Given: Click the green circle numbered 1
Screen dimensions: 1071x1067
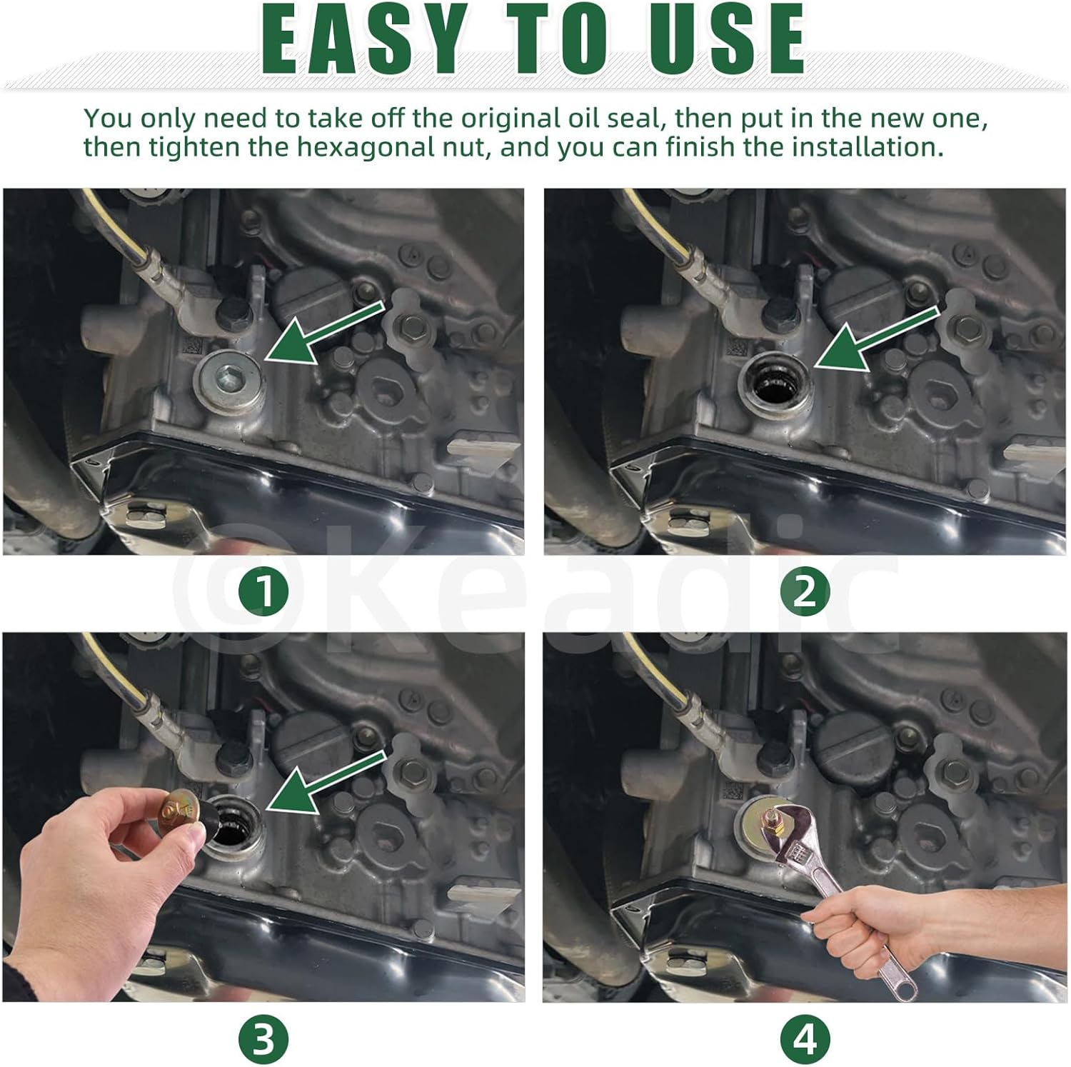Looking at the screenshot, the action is (264, 591).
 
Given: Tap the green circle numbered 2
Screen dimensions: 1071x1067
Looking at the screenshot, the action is (805, 591).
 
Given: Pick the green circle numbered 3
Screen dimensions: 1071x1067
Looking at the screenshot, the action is (264, 1039).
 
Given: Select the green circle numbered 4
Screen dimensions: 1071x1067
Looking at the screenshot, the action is (805, 1039).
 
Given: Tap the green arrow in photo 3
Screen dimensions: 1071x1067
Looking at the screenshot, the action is (325, 782).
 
